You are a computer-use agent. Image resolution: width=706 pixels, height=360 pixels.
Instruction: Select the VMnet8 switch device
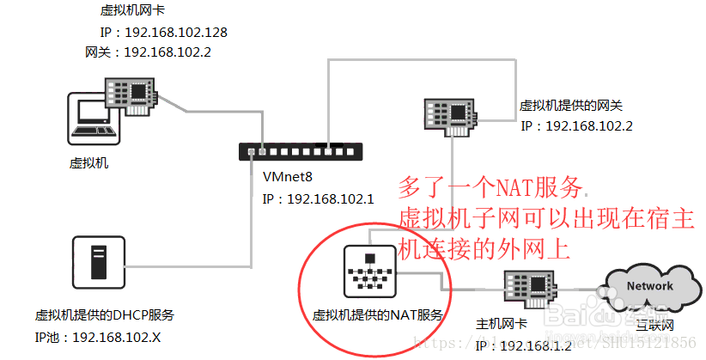(301, 152)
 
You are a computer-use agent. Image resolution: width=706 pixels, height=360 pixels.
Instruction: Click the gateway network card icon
(453, 115)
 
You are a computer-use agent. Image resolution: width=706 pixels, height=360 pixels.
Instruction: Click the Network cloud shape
(649, 288)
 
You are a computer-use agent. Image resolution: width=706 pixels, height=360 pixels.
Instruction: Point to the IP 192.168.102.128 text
(163, 33)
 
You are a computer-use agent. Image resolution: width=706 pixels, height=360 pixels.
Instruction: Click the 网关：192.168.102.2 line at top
(148, 52)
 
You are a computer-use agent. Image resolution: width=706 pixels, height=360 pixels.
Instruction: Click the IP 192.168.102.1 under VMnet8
(318, 198)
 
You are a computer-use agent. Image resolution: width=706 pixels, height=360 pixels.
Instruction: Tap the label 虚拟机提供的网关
(570, 106)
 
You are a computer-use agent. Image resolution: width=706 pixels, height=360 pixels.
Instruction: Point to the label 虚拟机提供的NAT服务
(378, 315)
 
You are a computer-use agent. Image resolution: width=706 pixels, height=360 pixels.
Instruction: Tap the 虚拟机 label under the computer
(90, 162)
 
